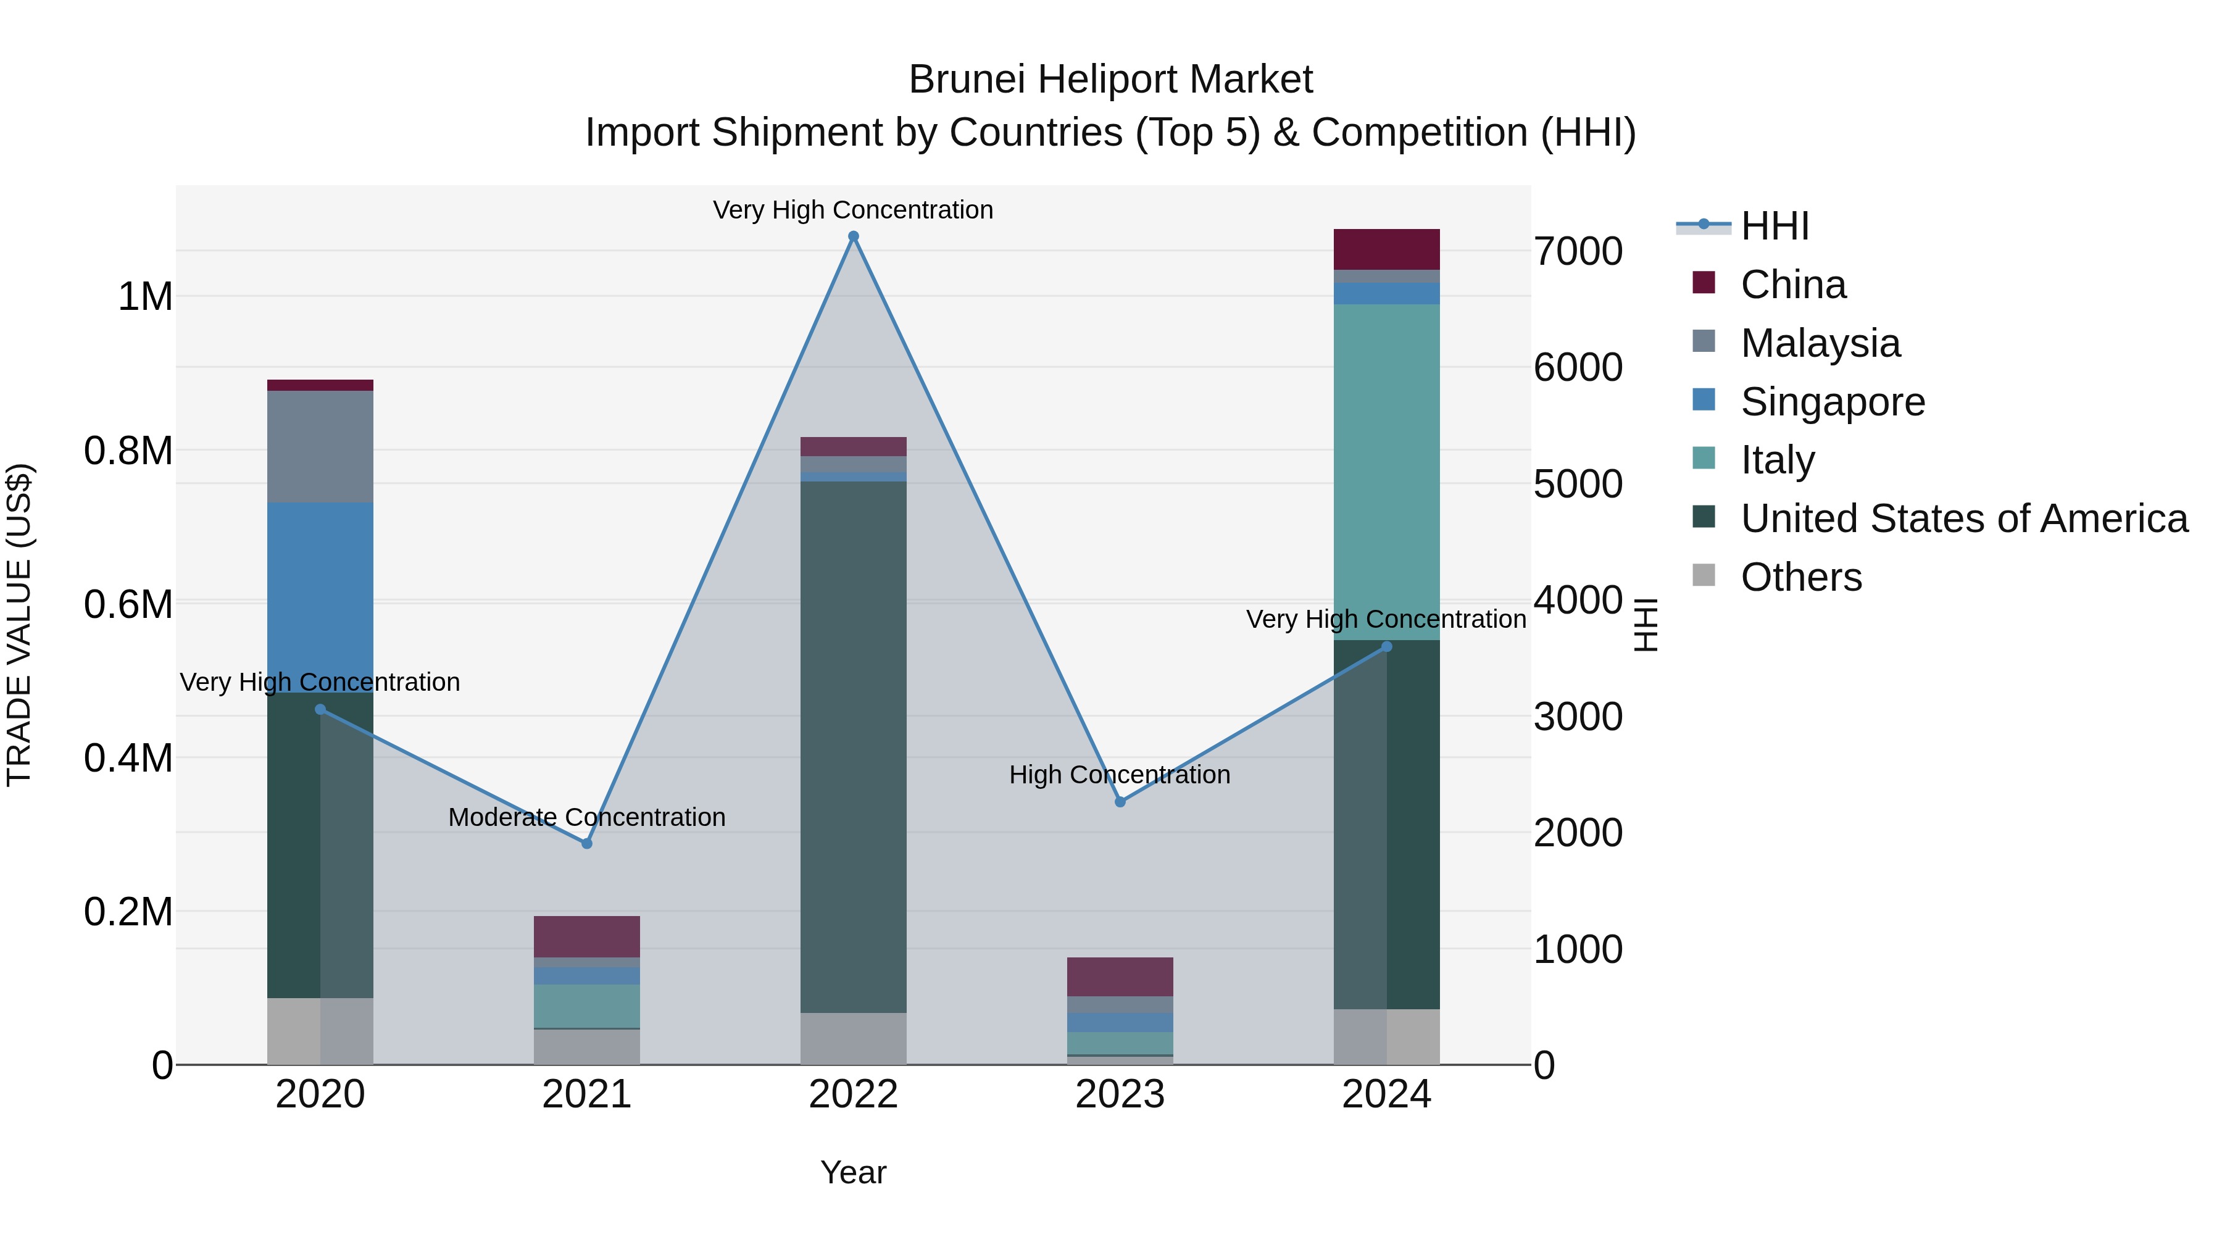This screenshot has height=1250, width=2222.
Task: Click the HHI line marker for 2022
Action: pyautogui.click(x=853, y=236)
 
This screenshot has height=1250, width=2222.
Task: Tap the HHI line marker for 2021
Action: pyautogui.click(x=586, y=844)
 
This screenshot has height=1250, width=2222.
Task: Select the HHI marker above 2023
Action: pyautogui.click(x=1120, y=802)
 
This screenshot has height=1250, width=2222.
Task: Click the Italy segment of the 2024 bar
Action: pyautogui.click(x=1386, y=472)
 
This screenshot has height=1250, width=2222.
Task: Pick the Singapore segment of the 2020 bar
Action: pyautogui.click(x=320, y=597)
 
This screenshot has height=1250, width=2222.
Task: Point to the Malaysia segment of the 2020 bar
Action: pyautogui.click(x=320, y=447)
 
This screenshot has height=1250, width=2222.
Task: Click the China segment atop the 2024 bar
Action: pyautogui.click(x=1386, y=249)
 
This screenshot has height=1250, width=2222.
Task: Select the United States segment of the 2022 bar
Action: pyautogui.click(x=853, y=746)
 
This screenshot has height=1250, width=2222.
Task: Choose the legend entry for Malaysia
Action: pyautogui.click(x=1820, y=343)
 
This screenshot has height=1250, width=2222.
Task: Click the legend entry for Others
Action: pyautogui.click(x=1801, y=577)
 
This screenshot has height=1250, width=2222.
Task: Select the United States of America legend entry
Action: pyautogui.click(x=1963, y=519)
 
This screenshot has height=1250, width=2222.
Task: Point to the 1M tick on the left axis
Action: pyautogui.click(x=145, y=297)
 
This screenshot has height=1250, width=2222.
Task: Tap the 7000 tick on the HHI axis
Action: pyautogui.click(x=1578, y=252)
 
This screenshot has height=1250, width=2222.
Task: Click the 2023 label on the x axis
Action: pyautogui.click(x=1120, y=1094)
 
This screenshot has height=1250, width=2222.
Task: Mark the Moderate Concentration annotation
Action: pyautogui.click(x=586, y=817)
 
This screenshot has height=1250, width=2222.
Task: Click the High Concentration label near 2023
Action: pyautogui.click(x=1120, y=775)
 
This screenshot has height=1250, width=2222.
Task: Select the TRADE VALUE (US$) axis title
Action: pyautogui.click(x=19, y=625)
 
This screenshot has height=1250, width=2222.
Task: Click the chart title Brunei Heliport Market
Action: pyautogui.click(x=1110, y=80)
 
